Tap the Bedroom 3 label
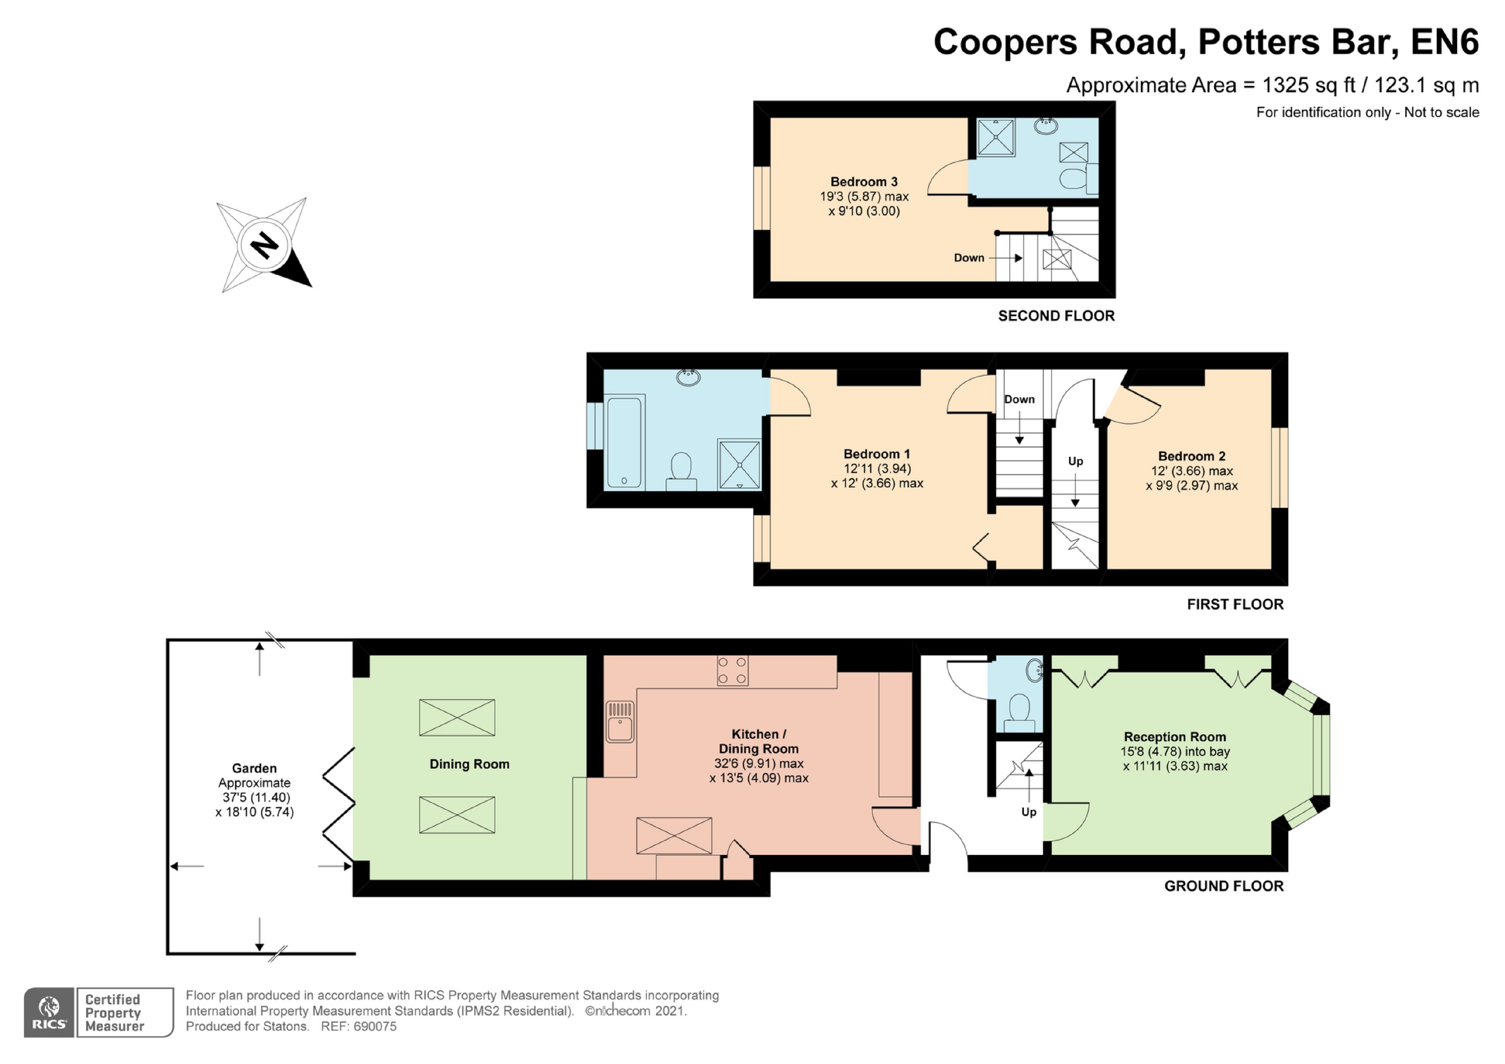[864, 181]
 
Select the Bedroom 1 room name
[876, 454]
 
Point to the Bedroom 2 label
[1192, 456]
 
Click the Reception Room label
[1175, 737]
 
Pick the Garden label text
[254, 769]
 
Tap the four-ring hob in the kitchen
[733, 670]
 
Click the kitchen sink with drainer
[620, 721]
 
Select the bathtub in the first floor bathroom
[625, 442]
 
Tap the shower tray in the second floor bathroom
[996, 137]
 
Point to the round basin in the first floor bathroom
[688, 377]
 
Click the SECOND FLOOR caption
[1056, 316]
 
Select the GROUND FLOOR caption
[1224, 886]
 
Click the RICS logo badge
[49, 1012]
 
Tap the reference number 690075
[375, 1027]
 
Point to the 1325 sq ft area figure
[1305, 85]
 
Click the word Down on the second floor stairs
[969, 258]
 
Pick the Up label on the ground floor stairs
[1029, 812]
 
